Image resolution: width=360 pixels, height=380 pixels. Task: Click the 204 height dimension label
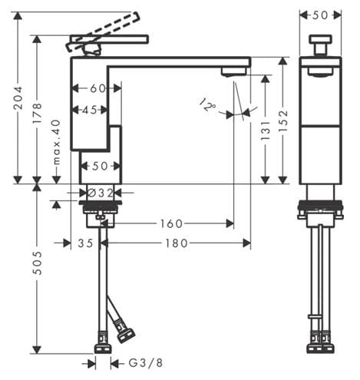coord(18,98)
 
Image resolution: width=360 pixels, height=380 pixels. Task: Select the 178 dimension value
coord(38,113)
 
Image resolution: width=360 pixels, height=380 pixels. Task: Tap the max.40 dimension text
coord(56,142)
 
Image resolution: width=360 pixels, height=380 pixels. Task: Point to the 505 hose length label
coord(38,263)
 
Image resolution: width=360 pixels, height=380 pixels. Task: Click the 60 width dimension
coord(97,88)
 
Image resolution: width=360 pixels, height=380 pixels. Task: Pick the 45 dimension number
coord(90,111)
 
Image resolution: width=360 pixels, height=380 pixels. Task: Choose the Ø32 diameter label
coord(101,193)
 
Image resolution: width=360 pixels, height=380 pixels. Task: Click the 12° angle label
coord(207,104)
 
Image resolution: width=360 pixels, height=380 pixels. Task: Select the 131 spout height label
coord(266,131)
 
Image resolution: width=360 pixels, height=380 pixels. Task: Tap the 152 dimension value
coord(283,121)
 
